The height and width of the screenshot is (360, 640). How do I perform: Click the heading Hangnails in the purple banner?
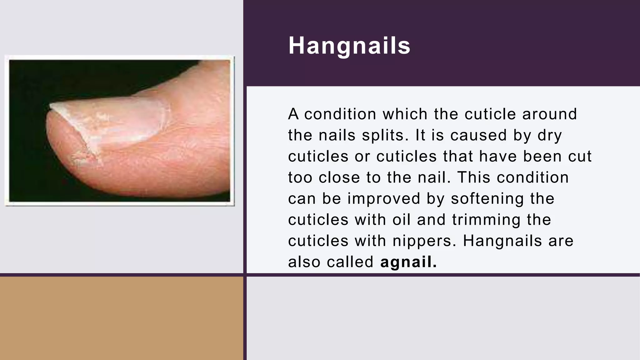pos(349,46)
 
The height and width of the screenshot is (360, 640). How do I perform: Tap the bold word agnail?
pos(408,262)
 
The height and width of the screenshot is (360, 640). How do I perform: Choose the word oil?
pos(402,219)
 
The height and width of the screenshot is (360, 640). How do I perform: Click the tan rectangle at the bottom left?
pos(121,318)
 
